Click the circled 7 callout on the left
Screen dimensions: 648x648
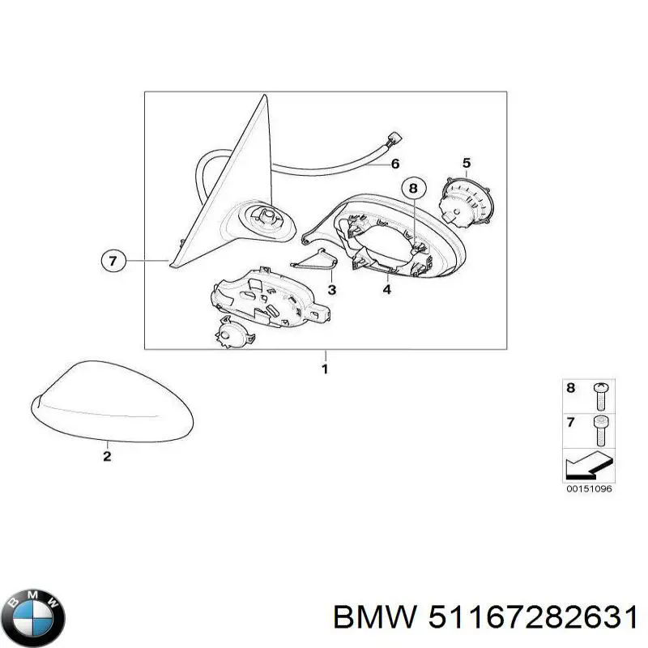point(113,261)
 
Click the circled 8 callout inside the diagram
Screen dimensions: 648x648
point(412,189)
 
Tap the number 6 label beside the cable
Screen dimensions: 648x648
point(395,164)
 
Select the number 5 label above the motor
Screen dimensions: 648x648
point(467,163)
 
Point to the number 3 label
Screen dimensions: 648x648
point(332,289)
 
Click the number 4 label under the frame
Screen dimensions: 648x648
point(386,289)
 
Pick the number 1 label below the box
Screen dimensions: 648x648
point(325,370)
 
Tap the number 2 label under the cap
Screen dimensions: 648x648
point(107,456)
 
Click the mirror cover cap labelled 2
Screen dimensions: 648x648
point(113,402)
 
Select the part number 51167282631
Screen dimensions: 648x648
point(532,620)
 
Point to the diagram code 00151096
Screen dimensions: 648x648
point(590,488)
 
